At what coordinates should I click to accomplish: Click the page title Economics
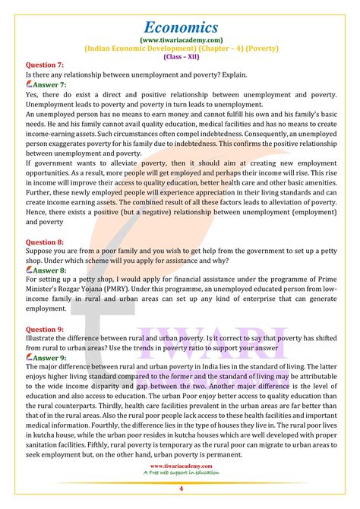[x=180, y=16]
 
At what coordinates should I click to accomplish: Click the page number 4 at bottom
[x=180, y=496]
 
